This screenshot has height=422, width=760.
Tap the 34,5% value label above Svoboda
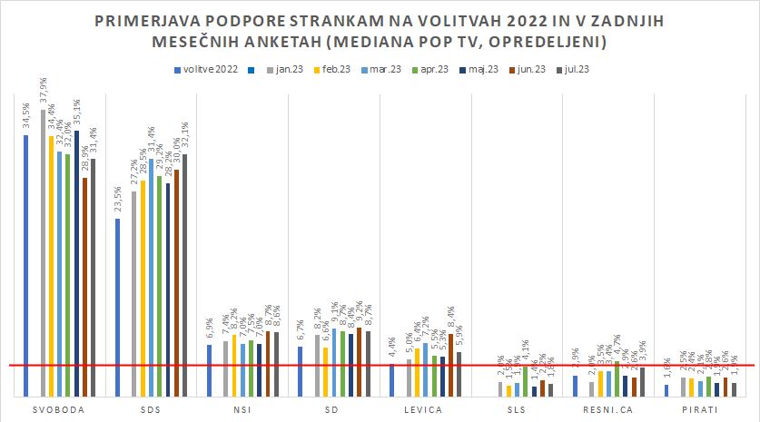click(25, 118)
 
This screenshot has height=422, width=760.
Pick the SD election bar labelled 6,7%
click(300, 371)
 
